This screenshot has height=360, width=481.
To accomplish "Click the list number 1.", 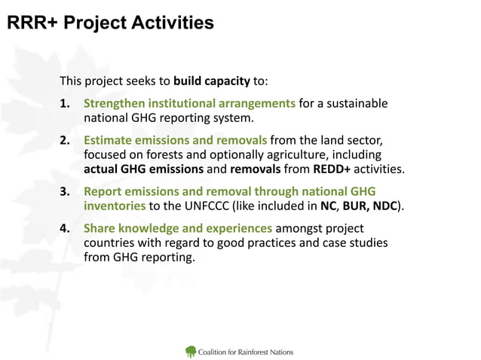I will point(66,103).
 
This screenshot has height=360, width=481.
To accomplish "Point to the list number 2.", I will point(66,140).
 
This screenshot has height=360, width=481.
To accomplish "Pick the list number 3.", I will point(66,191).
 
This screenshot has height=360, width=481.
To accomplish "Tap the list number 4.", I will point(66,228).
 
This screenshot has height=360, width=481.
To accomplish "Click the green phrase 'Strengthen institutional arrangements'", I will point(189,103).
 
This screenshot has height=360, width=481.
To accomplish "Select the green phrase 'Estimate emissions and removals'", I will point(175,140).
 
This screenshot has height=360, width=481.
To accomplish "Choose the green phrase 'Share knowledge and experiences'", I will point(177,228).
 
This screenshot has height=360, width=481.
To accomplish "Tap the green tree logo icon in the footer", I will point(191,351).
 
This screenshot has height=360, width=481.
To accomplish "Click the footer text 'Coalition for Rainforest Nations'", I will point(245,352).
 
